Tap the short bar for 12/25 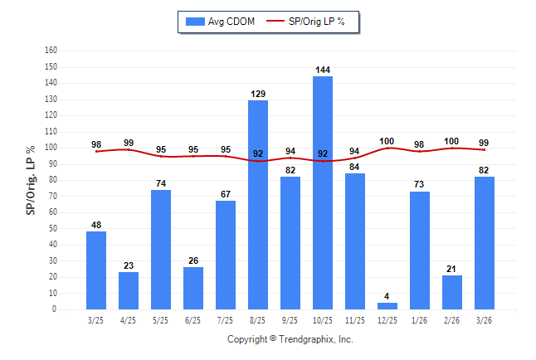click(x=387, y=306)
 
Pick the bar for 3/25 click(x=96, y=270)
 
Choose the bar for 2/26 click(x=452, y=292)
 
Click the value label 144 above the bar click(x=323, y=70)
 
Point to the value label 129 click(x=258, y=95)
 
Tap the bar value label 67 click(x=226, y=194)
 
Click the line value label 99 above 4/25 click(x=129, y=143)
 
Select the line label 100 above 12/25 click(x=387, y=141)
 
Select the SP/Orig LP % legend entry click(x=314, y=21)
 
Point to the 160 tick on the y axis click(x=51, y=50)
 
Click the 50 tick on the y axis click(x=52, y=228)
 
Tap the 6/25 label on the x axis click(x=193, y=320)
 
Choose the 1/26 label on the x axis click(x=420, y=320)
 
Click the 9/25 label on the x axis click(x=290, y=320)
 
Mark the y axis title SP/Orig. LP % click(x=31, y=179)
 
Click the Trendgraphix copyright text click(x=290, y=339)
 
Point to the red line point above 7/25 click(x=226, y=156)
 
